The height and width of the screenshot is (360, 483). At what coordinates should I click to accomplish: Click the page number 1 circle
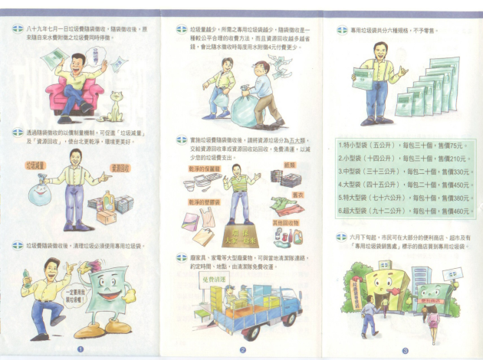pos(80,350)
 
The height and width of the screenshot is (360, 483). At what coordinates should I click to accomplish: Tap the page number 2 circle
pos(243,350)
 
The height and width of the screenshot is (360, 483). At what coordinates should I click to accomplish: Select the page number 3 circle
pos(404,350)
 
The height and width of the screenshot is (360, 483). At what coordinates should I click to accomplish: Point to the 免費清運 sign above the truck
pos(202,280)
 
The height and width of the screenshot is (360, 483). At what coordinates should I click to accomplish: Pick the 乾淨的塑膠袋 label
pos(199,202)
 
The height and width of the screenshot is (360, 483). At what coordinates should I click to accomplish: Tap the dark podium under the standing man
pos(239,233)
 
